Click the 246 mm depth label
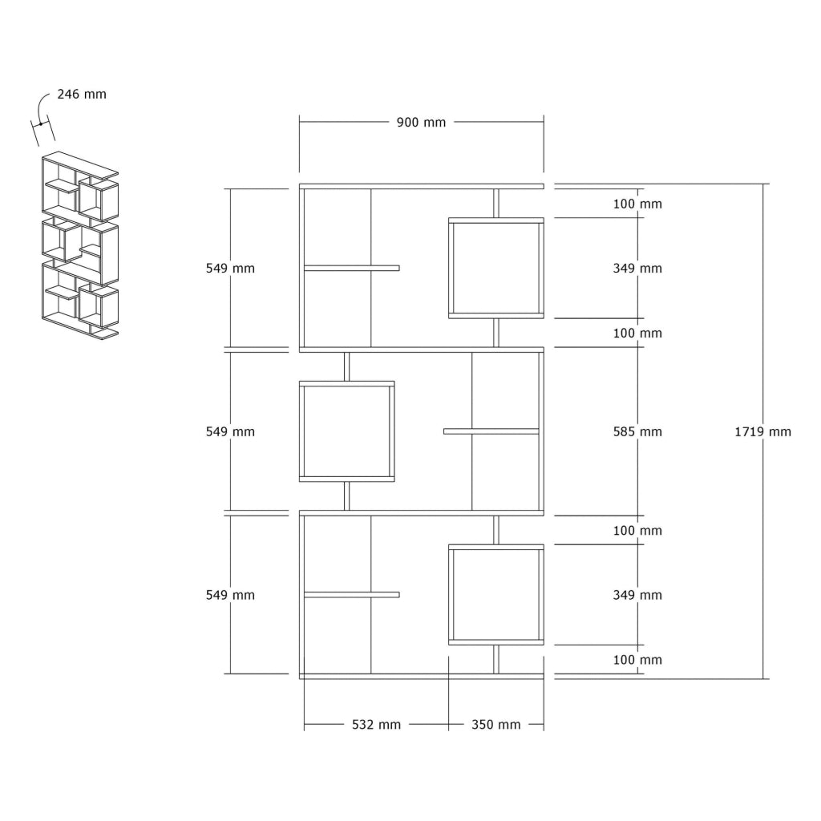click(x=82, y=95)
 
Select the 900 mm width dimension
click(x=421, y=123)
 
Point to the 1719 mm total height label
click(x=762, y=431)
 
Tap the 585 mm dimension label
click(x=637, y=431)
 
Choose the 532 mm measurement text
click(x=376, y=725)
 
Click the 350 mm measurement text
click(x=495, y=725)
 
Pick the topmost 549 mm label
click(x=230, y=268)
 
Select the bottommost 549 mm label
click(x=230, y=595)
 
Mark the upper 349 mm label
click(x=637, y=268)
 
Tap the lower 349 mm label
click(x=637, y=595)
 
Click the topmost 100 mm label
click(x=637, y=204)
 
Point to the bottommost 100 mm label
click(x=637, y=660)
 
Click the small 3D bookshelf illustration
click(x=80, y=245)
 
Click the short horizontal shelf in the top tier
click(x=351, y=268)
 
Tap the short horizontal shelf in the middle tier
click(x=491, y=431)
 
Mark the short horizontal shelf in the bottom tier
click(x=351, y=595)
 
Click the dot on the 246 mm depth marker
click(x=41, y=124)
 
